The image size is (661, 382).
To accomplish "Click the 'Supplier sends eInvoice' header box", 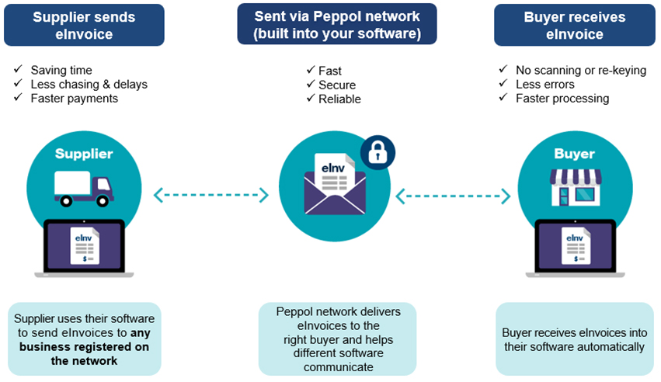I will [84, 26].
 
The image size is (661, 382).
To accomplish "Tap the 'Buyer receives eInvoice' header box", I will [574, 26].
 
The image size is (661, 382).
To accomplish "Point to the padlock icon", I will [377, 152].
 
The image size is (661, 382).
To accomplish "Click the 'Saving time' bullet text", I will [61, 70].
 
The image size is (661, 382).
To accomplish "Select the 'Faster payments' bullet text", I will [74, 99].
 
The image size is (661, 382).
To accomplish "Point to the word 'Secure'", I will [337, 85].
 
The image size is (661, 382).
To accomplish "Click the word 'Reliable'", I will [339, 99].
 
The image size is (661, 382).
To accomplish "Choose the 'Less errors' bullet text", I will [545, 85].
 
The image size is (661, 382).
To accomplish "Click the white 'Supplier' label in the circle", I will [84, 154].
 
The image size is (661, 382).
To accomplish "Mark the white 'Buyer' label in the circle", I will [575, 154].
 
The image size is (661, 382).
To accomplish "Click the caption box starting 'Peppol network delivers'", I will [337, 339].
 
